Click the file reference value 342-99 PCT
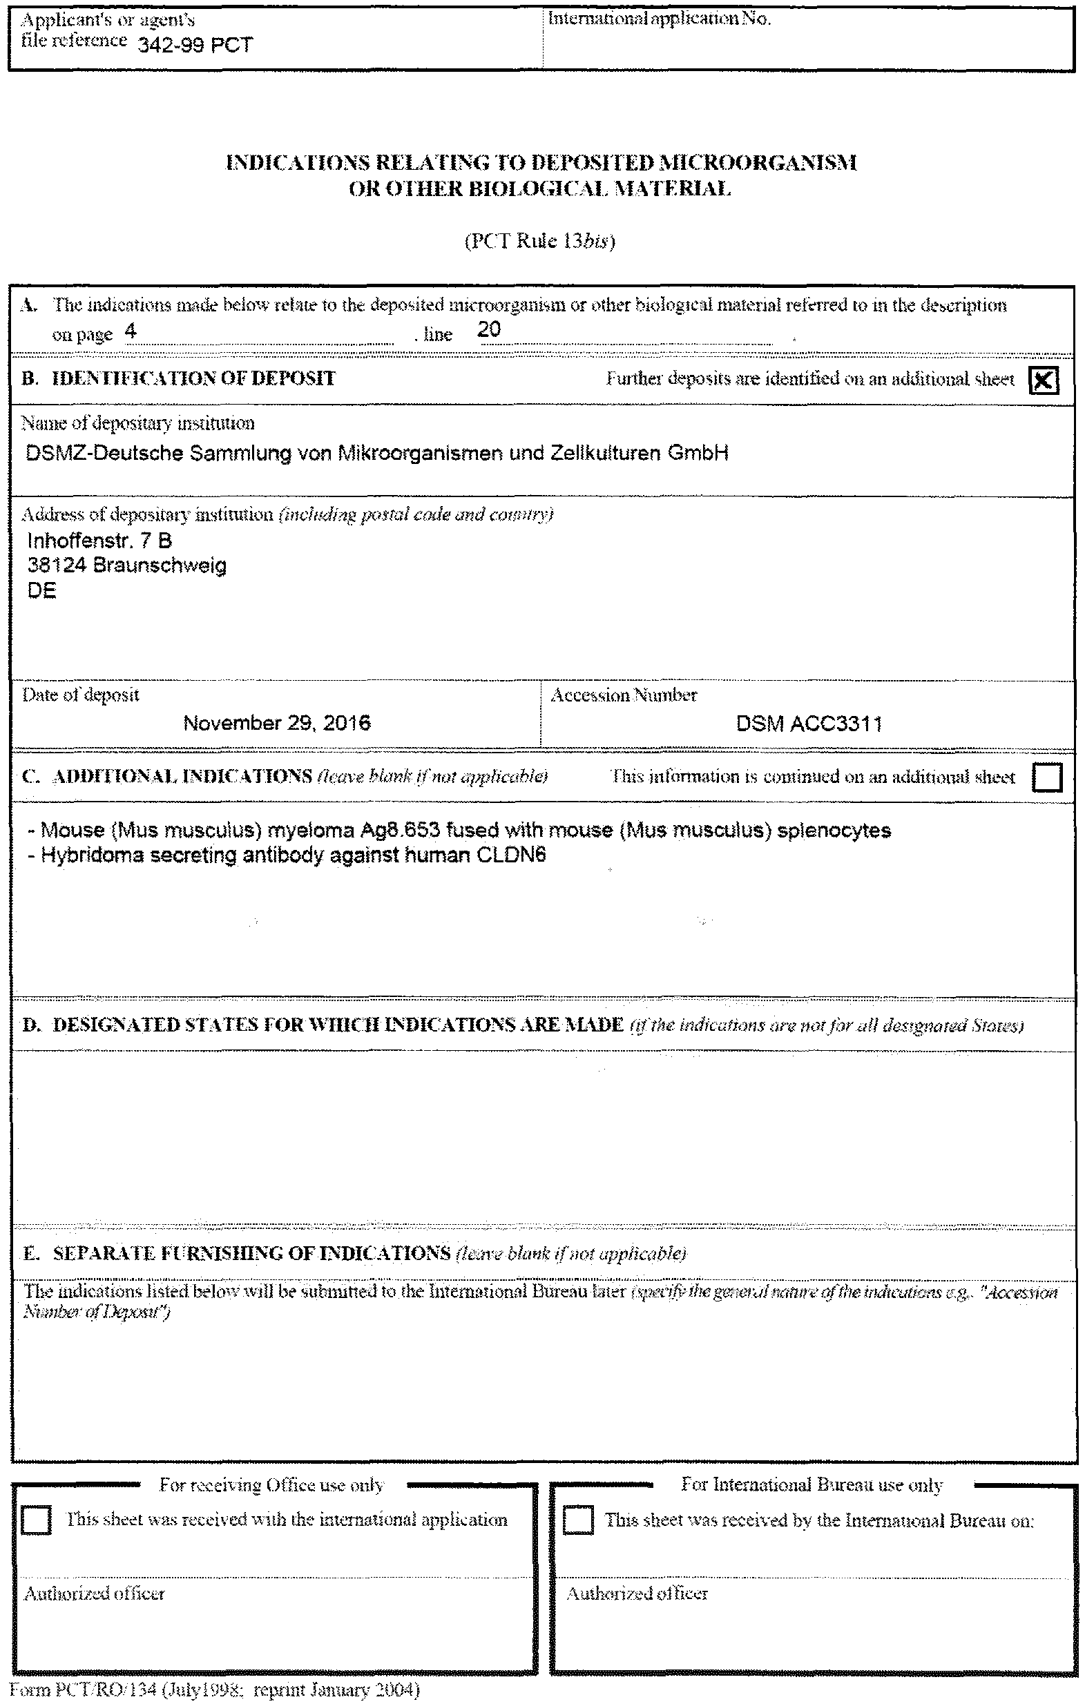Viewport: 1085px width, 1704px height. pos(195,46)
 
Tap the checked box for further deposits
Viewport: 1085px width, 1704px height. pos(1044,380)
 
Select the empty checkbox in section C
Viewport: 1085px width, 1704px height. pos(1047,777)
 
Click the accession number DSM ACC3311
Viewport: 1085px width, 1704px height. pos(808,724)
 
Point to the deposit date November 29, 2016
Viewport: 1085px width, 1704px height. pos(277,723)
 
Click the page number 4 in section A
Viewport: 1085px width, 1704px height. pos(131,331)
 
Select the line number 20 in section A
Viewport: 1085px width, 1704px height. pos(489,329)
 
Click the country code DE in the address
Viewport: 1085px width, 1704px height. pos(41,591)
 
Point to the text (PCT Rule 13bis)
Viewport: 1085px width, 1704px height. pos(539,241)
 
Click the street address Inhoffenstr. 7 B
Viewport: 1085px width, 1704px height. pos(99,541)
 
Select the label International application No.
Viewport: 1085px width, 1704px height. pos(659,19)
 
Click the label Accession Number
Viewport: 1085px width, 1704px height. pos(624,695)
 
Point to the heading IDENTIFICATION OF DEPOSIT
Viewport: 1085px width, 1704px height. pos(193,378)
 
